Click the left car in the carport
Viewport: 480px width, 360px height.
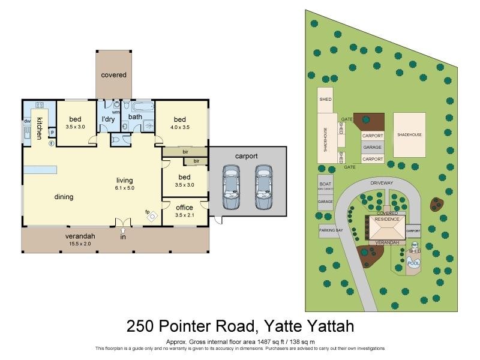231,187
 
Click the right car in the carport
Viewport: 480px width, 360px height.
262,187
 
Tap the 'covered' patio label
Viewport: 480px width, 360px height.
113,75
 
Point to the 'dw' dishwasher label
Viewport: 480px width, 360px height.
27,121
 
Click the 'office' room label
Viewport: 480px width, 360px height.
184,208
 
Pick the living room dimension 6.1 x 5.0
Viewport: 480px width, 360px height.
125,188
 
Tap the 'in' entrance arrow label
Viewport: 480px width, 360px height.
124,238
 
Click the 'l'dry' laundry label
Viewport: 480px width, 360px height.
109,119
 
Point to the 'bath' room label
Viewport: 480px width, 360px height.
135,117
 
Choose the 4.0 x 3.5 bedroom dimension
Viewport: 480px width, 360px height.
181,127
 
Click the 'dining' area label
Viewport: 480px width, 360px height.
64,197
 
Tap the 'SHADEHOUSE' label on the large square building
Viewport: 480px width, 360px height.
409,135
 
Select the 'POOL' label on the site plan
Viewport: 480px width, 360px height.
413,263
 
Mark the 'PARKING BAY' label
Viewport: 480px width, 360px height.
330,230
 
